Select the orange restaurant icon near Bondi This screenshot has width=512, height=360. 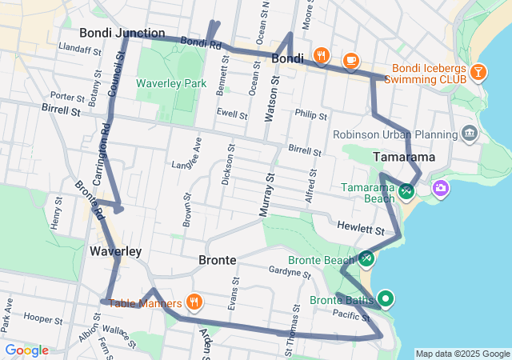click(x=322, y=55)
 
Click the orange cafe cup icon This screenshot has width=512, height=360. click(x=350, y=60)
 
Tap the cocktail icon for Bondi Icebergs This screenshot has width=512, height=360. click(x=478, y=72)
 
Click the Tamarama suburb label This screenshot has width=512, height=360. click(x=404, y=157)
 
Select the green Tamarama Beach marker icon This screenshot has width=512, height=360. click(x=406, y=190)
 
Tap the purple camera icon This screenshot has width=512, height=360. click(x=440, y=188)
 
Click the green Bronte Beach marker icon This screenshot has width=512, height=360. click(x=366, y=258)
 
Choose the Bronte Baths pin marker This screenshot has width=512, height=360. click(x=386, y=299)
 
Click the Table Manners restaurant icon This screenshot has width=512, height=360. click(x=194, y=302)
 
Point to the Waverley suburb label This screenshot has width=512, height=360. click(x=115, y=251)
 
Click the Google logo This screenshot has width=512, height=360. click(x=26, y=350)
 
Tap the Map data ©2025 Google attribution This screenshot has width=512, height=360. click(x=462, y=354)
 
